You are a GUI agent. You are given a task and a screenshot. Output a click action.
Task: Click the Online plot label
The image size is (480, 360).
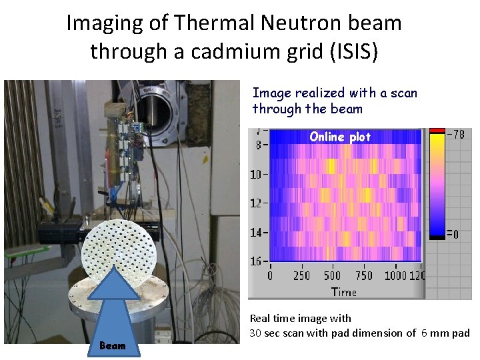point(340,137)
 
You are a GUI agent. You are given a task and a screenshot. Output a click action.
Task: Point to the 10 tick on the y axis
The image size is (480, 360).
point(256,175)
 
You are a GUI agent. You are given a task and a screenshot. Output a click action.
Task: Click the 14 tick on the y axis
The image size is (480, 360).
point(256,233)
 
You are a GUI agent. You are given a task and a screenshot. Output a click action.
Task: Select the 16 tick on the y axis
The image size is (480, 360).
point(256,261)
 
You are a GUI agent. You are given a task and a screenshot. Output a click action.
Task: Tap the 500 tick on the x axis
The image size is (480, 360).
point(332,275)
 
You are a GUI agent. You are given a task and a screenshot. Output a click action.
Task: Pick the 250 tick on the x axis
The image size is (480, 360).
point(301,275)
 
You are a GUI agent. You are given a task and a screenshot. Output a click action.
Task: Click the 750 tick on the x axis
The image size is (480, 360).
point(363,275)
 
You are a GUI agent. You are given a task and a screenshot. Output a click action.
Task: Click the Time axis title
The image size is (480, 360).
point(344,291)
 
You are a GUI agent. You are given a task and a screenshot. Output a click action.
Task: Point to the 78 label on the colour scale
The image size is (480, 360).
point(455,134)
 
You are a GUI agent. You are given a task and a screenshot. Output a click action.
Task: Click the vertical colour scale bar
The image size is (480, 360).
point(437,183)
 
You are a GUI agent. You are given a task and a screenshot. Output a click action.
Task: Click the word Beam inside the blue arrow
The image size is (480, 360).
point(112,345)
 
